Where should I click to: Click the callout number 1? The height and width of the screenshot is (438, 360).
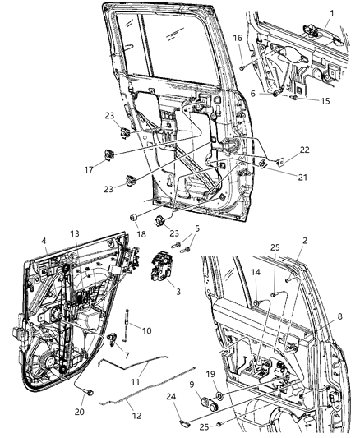330,15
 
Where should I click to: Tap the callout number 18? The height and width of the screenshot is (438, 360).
132,235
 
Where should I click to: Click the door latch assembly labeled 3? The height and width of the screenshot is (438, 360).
158,272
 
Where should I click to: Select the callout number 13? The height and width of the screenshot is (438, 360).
76,233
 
